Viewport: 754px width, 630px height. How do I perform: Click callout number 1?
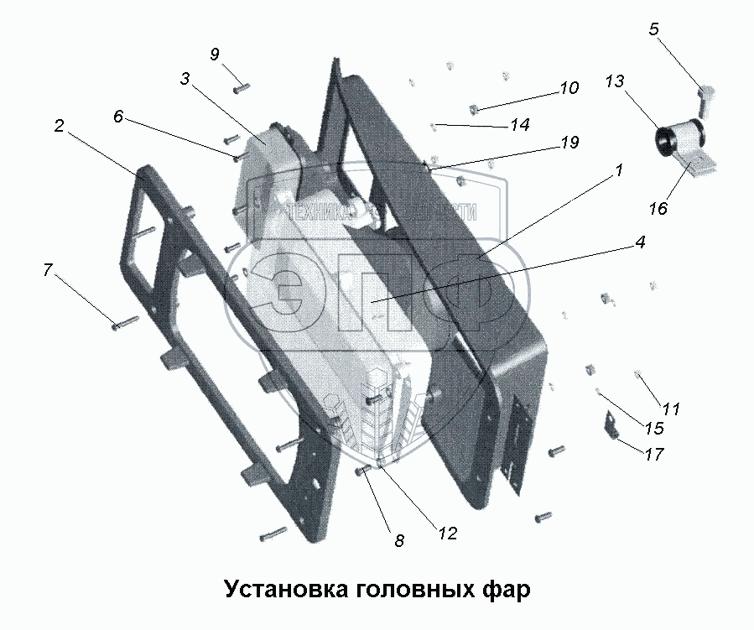(618, 170)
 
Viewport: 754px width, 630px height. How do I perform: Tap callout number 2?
(59, 127)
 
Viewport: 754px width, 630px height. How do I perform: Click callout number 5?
(653, 29)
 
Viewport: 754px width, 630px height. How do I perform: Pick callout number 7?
(48, 270)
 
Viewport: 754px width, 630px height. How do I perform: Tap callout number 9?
(215, 55)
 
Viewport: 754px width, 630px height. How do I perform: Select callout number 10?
(569, 87)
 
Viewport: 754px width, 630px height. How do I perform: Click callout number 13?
(614, 81)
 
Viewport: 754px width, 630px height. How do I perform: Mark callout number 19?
(569, 143)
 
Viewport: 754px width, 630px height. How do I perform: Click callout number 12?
(446, 532)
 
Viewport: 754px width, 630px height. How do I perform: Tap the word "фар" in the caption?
(505, 589)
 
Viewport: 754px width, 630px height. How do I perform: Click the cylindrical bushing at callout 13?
(678, 138)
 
